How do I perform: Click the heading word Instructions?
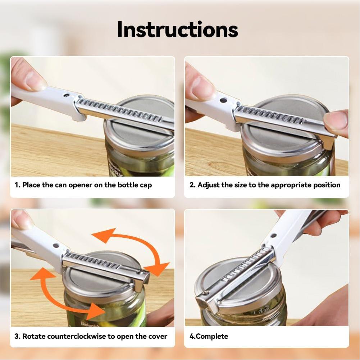click(x=177, y=30)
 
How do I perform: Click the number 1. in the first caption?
click(x=18, y=185)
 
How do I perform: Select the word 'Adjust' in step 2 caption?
click(x=209, y=185)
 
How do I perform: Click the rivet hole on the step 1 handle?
click(x=66, y=95)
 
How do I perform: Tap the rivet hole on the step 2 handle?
click(x=223, y=100)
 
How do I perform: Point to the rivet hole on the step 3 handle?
click(x=56, y=246)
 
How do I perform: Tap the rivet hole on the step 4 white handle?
click(x=273, y=236)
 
